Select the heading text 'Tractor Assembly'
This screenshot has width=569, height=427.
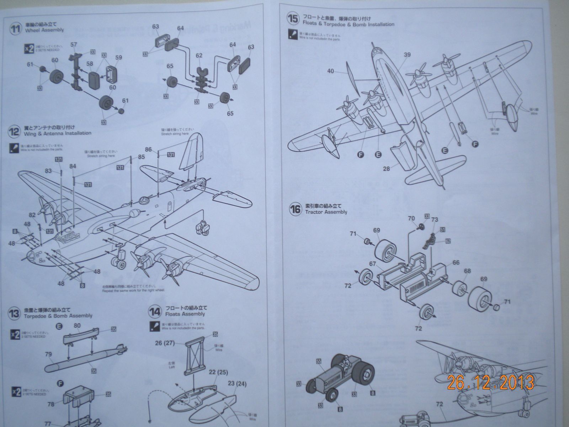coord(326,212)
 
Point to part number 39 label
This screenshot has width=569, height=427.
coord(407,54)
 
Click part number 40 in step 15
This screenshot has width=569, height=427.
coord(331,71)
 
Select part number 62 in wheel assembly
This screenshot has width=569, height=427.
coord(199,55)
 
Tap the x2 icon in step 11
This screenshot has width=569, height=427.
coord(28,49)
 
